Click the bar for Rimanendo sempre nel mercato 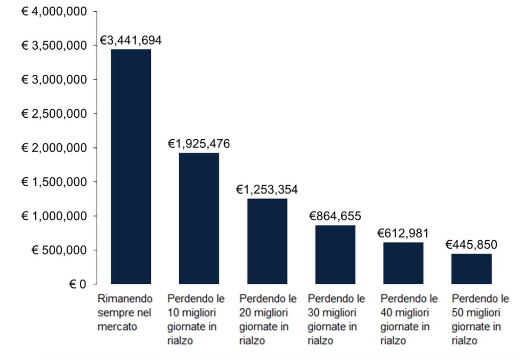click(131, 166)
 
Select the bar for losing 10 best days click(199, 218)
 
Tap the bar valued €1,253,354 click(267, 241)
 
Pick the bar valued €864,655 click(335, 255)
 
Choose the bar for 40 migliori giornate click(403, 263)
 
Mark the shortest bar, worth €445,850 click(471, 269)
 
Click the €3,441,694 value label click(130, 40)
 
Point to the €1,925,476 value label click(199, 144)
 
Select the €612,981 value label click(403, 234)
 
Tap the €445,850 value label click(471, 245)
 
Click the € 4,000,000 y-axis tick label click(54, 11)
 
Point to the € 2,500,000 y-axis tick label click(54, 114)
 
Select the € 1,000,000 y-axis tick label click(54, 216)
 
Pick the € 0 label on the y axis click(77, 284)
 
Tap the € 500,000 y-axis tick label click(58, 250)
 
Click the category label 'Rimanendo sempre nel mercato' click(125, 312)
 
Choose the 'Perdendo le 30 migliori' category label click(336, 320)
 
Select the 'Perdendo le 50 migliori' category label click(481, 320)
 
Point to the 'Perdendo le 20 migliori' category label click(268, 320)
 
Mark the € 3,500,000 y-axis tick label click(54, 46)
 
